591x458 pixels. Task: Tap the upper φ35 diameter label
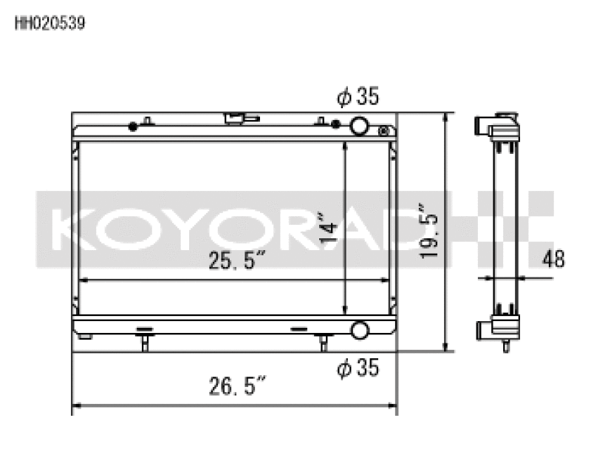pos(358,97)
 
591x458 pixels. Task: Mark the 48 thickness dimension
pos(554,259)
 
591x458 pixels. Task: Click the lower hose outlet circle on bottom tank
pos(359,330)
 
